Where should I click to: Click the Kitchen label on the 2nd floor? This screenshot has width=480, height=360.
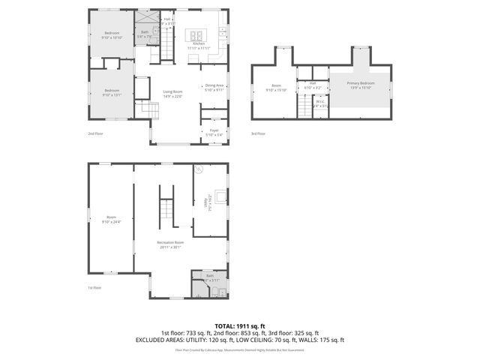tap(199, 43)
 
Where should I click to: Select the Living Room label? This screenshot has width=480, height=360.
tap(173, 94)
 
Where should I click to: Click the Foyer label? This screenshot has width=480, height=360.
tap(214, 132)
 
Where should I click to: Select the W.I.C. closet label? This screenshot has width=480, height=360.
tap(320, 104)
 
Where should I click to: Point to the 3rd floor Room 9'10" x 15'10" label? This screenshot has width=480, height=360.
tap(277, 86)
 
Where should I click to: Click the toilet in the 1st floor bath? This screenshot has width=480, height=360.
tap(214, 292)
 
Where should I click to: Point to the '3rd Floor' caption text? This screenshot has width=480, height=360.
tap(258, 134)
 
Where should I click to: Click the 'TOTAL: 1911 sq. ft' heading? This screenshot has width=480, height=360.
tap(240, 326)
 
